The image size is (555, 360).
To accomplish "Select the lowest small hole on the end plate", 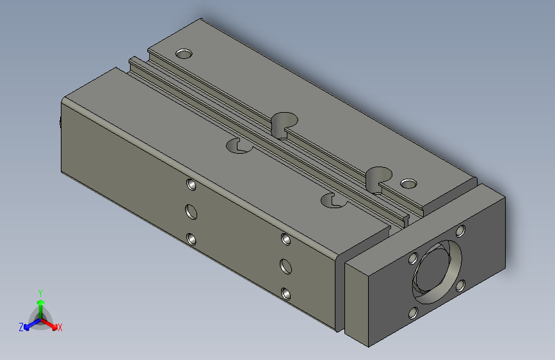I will [413, 313].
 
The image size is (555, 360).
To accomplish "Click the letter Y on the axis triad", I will [40, 292].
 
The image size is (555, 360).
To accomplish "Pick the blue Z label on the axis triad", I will [21, 327].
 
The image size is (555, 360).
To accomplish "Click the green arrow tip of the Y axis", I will [40, 302].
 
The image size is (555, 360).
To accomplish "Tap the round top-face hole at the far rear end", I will [184, 53].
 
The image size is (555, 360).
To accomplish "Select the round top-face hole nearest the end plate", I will [408, 184].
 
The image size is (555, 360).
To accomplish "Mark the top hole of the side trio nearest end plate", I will [286, 239].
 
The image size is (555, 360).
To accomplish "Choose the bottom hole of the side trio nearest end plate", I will [286, 294].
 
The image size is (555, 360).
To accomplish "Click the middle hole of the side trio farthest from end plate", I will [191, 211].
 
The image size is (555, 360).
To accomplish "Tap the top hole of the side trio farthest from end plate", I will [191, 184].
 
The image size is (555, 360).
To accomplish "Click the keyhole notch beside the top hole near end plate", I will [379, 176].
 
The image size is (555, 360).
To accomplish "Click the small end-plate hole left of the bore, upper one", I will [413, 258].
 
